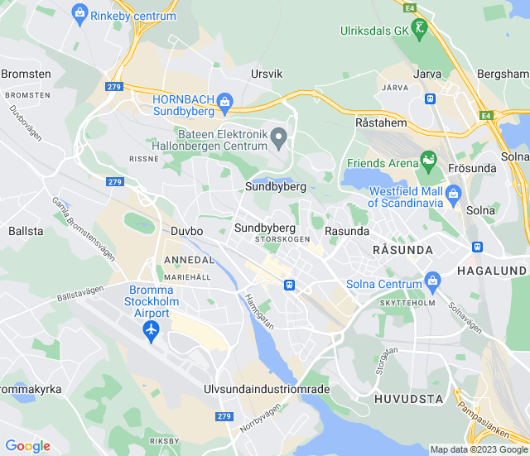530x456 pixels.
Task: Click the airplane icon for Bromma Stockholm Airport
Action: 151,331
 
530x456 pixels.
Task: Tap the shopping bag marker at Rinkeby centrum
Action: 79,12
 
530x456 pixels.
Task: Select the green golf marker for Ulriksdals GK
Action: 421,30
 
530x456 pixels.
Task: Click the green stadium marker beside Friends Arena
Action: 428,158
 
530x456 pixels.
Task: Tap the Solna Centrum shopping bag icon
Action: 431,281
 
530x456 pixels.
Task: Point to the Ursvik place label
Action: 267,74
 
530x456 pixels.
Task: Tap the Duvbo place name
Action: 186,232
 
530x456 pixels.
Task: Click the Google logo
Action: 27,446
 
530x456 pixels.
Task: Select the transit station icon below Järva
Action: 430,98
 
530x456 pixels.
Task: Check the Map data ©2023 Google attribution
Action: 479,450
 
